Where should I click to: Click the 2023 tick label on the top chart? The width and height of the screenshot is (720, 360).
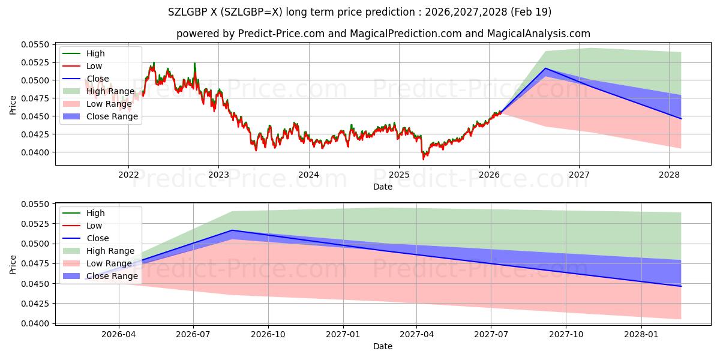pyautogui.click(x=218, y=175)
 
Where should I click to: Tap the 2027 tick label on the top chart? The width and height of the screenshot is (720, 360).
pyautogui.click(x=579, y=175)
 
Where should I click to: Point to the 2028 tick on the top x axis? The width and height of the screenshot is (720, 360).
pyautogui.click(x=670, y=175)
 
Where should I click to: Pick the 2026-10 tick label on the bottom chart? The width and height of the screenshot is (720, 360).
pyautogui.click(x=268, y=334)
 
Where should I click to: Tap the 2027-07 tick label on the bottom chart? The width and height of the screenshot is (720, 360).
pyautogui.click(x=491, y=334)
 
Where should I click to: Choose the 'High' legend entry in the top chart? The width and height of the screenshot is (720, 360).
pyautogui.click(x=95, y=53)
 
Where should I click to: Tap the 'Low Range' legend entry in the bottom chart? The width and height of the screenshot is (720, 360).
pyautogui.click(x=109, y=263)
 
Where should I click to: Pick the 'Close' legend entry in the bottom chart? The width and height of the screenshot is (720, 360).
pyautogui.click(x=98, y=238)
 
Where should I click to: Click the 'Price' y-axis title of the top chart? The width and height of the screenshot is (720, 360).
pyautogui.click(x=13, y=105)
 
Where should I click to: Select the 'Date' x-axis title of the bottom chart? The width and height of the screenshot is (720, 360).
pyautogui.click(x=383, y=346)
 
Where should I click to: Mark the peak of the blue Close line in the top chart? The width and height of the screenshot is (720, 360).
pyautogui.click(x=545, y=68)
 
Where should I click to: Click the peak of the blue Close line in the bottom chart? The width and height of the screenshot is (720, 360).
pyautogui.click(x=232, y=230)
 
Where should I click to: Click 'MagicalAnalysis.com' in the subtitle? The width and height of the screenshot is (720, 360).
pyautogui.click(x=539, y=34)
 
